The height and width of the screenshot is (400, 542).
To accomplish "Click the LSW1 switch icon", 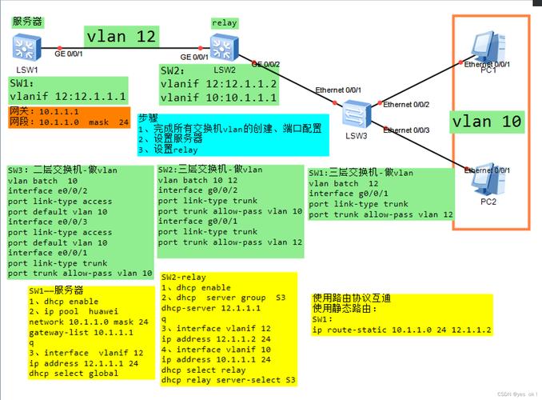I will [x=27, y=48].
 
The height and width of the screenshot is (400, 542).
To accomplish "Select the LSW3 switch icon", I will [x=353, y=115].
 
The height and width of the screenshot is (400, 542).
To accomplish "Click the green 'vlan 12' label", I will [x=121, y=37].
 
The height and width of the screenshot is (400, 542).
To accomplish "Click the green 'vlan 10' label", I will [x=487, y=122].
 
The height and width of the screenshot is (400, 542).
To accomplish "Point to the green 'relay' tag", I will [x=224, y=23].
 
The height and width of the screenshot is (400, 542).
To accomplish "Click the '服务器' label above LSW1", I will [x=28, y=22].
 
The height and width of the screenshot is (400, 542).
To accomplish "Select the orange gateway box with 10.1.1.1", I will [x=68, y=117].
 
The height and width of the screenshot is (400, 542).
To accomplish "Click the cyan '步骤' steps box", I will [x=233, y=133].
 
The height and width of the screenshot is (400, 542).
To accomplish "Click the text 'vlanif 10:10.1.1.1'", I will [x=218, y=98].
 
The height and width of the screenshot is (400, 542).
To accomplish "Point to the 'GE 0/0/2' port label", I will [x=266, y=63].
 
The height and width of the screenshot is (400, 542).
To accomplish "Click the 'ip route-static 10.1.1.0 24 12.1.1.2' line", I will [x=401, y=330].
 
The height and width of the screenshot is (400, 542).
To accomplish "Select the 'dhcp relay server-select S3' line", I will [x=228, y=379].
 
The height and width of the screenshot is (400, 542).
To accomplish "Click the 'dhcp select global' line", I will [x=74, y=373].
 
